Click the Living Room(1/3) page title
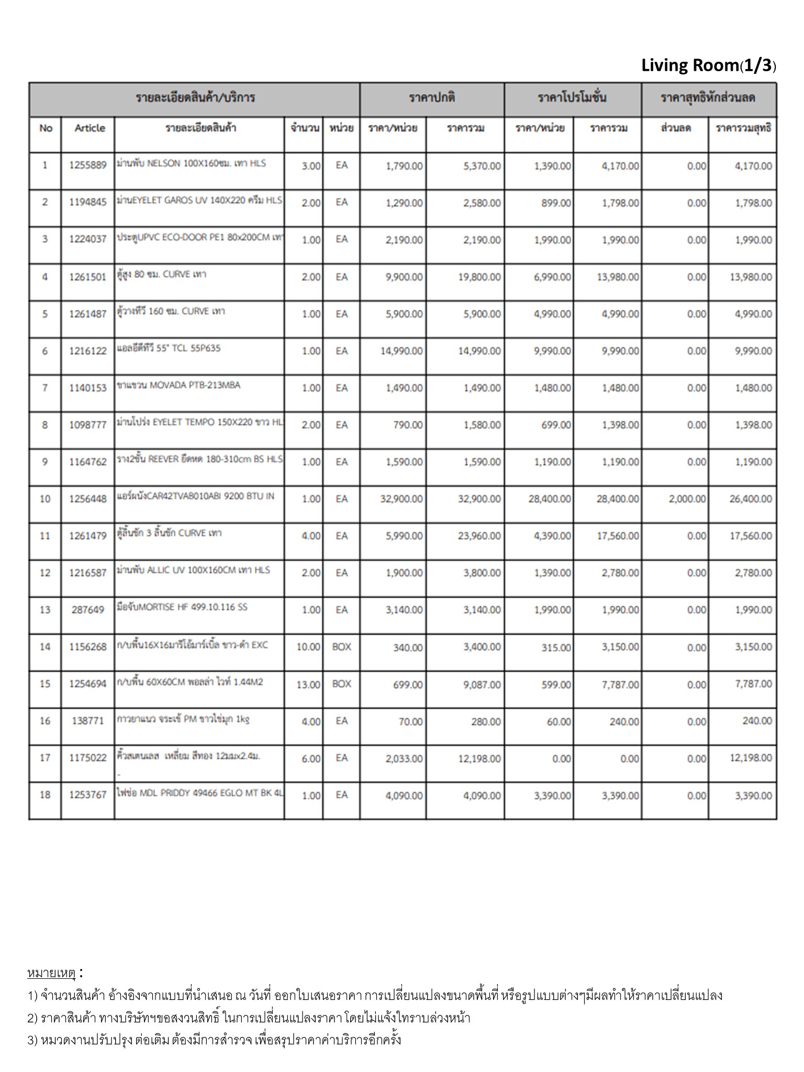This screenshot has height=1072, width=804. [708, 65]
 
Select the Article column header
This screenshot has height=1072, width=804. [90, 128]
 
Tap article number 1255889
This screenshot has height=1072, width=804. [88, 165]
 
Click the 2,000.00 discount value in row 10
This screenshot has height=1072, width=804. [687, 499]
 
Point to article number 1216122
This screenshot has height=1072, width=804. [88, 351]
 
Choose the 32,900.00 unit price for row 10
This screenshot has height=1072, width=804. [401, 499]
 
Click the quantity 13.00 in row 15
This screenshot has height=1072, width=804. [308, 684]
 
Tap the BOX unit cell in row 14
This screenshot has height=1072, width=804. [341, 647]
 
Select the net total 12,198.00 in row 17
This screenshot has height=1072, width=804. [751, 758]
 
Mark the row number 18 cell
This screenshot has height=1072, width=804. [45, 795]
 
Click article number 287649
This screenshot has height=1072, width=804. [88, 610]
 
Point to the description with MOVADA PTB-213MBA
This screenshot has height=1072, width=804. [179, 385]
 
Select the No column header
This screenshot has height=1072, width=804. [46, 128]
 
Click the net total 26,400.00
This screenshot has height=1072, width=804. [751, 499]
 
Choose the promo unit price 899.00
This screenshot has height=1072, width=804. [556, 203]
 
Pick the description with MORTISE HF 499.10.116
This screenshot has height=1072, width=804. [182, 607]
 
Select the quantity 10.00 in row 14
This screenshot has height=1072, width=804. [308, 647]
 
